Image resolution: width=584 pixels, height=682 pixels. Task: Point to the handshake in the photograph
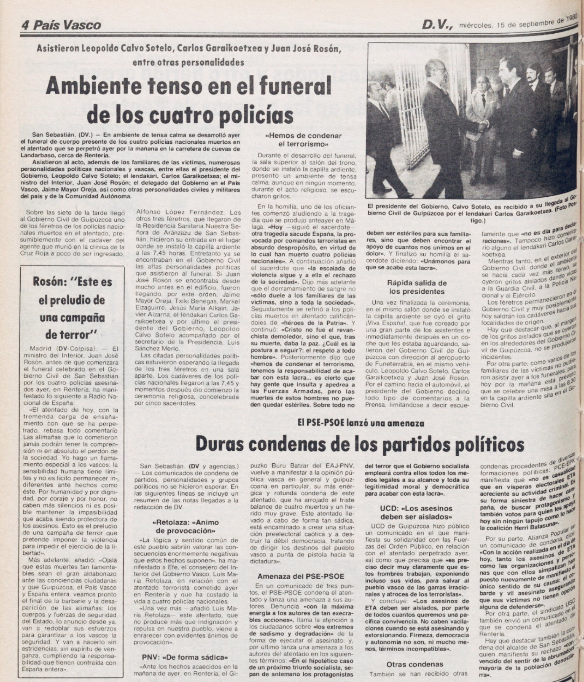484,125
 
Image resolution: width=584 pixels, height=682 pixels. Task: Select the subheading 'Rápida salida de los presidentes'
417,287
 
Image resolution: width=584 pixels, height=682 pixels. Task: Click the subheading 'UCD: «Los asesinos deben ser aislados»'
416,512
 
